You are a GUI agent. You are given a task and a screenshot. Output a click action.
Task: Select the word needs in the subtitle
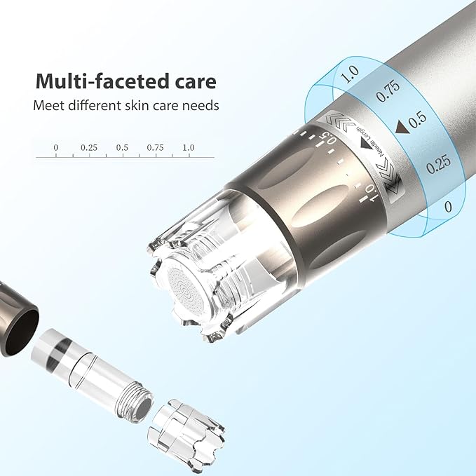click(x=200, y=106)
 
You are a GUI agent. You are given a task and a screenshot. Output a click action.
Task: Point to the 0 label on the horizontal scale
click(x=55, y=148)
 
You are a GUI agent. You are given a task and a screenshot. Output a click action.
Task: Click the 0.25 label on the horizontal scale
click(x=88, y=148)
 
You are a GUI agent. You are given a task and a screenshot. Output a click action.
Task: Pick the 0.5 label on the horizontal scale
click(x=122, y=148)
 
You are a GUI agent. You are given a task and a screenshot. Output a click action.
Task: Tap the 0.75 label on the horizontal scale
click(x=155, y=148)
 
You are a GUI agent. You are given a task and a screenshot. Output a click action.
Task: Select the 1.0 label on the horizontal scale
click(x=188, y=148)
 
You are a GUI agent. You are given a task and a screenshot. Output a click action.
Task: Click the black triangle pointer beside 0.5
click(x=401, y=126)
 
